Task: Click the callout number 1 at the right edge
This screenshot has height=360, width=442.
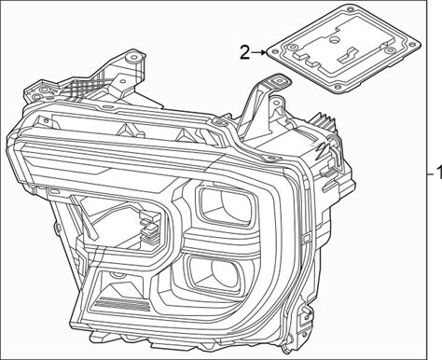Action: tap(439, 173)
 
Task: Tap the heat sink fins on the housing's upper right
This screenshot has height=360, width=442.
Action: tap(324, 120)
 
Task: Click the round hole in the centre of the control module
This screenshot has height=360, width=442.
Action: tap(334, 40)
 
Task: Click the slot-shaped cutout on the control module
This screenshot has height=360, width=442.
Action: tap(347, 55)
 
